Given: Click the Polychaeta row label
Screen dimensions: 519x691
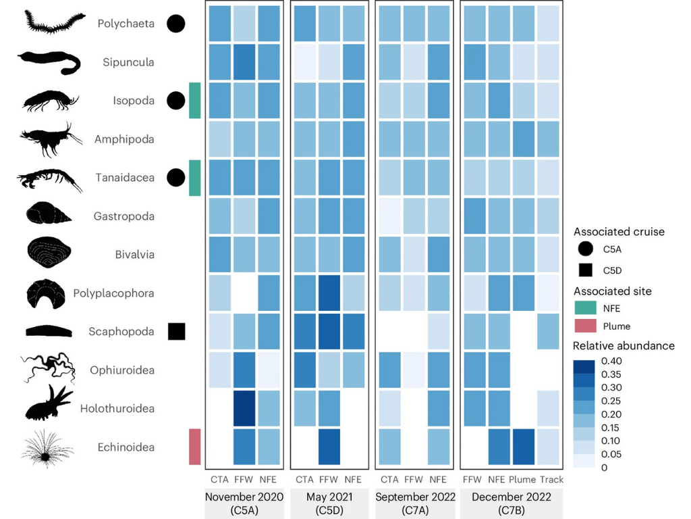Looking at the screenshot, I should pyautogui.click(x=126, y=24).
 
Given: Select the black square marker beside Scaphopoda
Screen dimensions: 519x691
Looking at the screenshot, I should pyautogui.click(x=176, y=331).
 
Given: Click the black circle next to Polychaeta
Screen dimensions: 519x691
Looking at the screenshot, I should pyautogui.click(x=176, y=24).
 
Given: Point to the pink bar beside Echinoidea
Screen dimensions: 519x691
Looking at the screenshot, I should pyautogui.click(x=195, y=447).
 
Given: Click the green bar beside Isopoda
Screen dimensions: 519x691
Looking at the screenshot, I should pyautogui.click(x=195, y=101).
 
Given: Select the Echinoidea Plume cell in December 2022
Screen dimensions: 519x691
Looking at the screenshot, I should pyautogui.click(x=523, y=447).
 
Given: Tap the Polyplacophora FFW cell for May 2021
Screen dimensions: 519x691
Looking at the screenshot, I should pyautogui.click(x=329, y=293).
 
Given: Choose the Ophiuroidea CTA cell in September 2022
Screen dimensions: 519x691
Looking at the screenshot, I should pyautogui.click(x=389, y=370).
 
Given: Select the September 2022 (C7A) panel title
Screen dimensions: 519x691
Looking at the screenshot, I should pyautogui.click(x=414, y=503).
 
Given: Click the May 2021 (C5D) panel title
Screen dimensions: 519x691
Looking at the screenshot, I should pyautogui.click(x=329, y=503).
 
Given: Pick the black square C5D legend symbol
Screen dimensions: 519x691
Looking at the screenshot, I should pyautogui.click(x=584, y=270).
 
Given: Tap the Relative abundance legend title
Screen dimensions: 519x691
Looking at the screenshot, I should pyautogui.click(x=624, y=346).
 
